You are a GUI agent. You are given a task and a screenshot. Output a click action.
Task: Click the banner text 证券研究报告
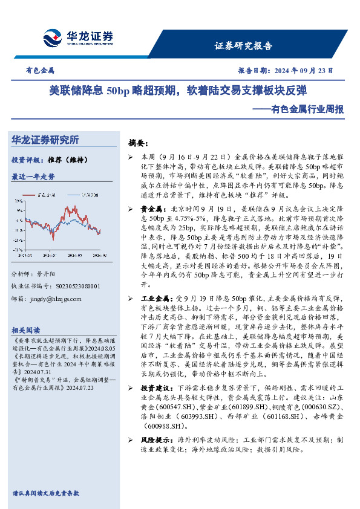[x=243, y=46]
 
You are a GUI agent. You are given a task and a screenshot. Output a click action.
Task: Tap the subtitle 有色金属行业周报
[x=306, y=109]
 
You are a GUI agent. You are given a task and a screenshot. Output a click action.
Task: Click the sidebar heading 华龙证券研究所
[x=46, y=140]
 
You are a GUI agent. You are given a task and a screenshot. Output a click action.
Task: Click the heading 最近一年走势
[x=33, y=177]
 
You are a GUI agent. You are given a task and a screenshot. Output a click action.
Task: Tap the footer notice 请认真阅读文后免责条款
[x=45, y=493]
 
